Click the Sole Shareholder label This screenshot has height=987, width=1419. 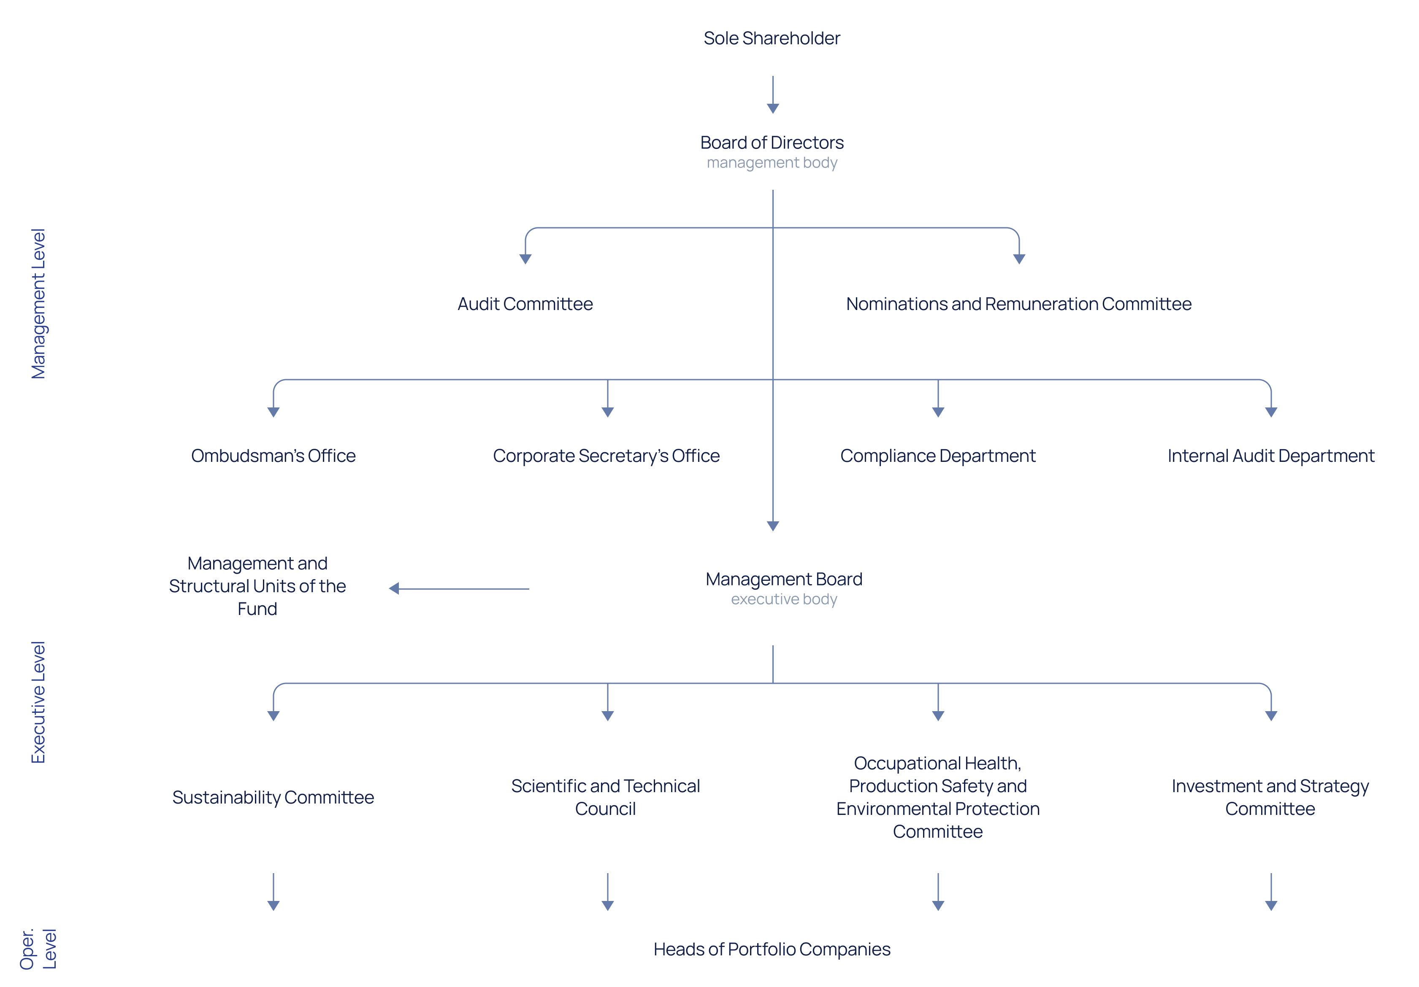coord(772,38)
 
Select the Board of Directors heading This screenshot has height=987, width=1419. coord(772,143)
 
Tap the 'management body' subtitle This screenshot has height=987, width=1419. coord(772,163)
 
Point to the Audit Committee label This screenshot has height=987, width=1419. coord(525,304)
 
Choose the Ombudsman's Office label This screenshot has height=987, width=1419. coord(273,456)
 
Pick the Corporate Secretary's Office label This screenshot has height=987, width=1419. coord(606,456)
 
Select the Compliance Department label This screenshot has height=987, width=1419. coord(937,456)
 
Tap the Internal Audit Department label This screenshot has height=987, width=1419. coord(1271,456)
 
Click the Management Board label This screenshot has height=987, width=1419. coord(784,580)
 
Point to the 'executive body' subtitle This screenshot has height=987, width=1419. coord(784,599)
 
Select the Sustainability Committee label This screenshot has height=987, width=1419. coord(273,797)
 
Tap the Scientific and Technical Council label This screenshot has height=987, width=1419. coord(606,797)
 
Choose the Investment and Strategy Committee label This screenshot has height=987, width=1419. coord(1270,797)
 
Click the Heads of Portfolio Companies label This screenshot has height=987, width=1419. coord(772,949)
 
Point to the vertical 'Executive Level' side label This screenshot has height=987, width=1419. coord(38,702)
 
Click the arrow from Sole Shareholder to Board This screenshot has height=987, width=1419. coord(772,94)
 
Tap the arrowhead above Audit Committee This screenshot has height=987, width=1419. coord(525,259)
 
